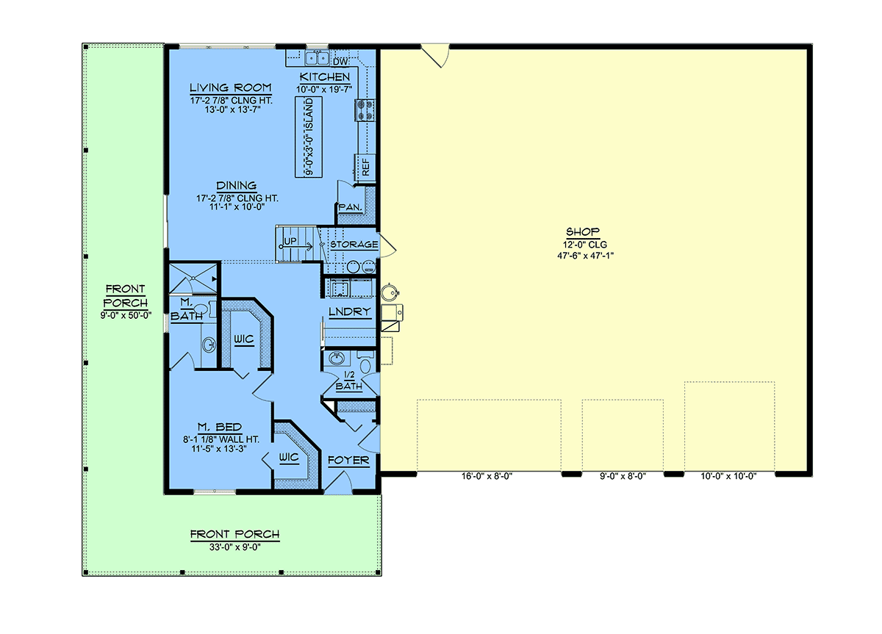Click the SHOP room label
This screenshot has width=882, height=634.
coord(583,231)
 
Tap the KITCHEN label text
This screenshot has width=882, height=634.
coord(325,76)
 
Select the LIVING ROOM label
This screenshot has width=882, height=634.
coord(231,87)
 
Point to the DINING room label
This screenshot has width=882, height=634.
coord(236,185)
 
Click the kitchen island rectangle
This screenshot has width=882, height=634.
coord(309,137)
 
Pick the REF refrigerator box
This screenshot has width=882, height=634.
coord(365,167)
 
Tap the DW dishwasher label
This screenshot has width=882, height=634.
coord(340,62)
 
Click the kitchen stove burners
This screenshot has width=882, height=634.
coord(365,110)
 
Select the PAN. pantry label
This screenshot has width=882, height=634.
coord(350,207)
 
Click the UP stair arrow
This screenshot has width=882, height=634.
coord(295,247)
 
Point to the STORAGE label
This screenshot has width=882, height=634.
coord(354,245)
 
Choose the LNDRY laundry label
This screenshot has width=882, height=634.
coord(350,311)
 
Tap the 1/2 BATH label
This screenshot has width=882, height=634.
coord(349,381)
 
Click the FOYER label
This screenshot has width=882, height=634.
coord(348,460)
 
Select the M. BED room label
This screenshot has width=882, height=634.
coord(220,427)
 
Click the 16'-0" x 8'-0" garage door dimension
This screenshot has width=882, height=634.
coord(487,476)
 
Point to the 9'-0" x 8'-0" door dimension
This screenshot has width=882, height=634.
coord(622,476)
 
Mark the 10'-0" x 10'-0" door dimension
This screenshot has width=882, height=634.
coord(728,476)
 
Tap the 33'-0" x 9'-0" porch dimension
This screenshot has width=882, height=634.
coord(235,547)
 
